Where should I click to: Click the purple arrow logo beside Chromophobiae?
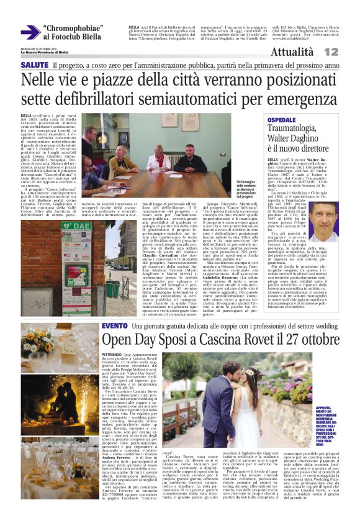(29, 32)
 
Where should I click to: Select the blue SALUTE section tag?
(34, 65)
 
